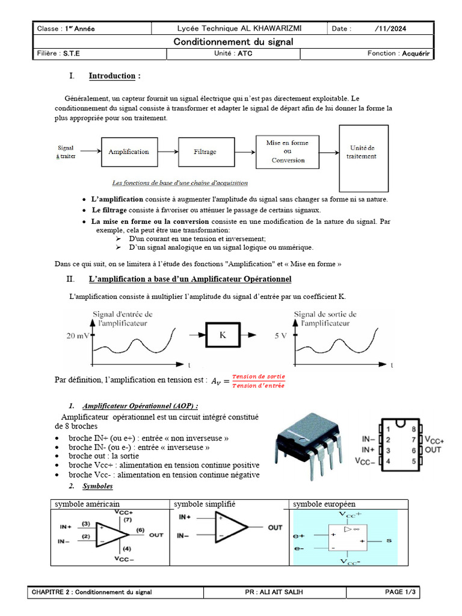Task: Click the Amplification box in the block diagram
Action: point(129,152)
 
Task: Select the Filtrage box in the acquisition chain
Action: point(205,152)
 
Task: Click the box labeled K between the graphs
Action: point(222,335)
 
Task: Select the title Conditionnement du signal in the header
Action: point(233,42)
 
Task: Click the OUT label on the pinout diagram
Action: point(434,450)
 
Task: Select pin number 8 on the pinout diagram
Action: point(413,429)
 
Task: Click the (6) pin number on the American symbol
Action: point(140,529)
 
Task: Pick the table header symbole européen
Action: point(324,504)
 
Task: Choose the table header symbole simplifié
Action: point(205,504)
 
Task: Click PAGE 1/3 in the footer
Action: point(401,593)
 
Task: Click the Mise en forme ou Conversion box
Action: point(288,152)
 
